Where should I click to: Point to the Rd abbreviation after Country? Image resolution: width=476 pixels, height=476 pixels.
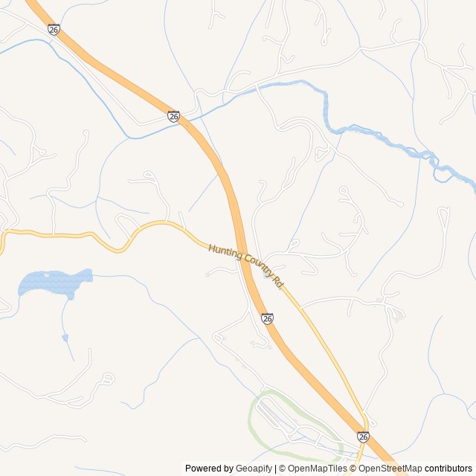coord(279,283)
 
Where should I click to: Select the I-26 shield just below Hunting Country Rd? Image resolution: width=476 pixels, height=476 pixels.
coord(268,318)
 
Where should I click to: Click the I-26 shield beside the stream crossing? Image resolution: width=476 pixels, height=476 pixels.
coord(173,117)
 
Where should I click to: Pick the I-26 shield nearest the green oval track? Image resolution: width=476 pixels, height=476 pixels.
coord(362,437)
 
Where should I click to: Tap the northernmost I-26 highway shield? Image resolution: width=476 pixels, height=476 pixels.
coord(53,29)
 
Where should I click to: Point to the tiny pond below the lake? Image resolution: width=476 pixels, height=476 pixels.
coord(65,338)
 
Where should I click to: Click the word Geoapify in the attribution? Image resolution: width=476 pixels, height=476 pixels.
coord(254,469)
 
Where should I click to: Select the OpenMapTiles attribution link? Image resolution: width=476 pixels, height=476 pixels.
coord(318,469)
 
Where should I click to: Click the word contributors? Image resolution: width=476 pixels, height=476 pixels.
coord(448,469)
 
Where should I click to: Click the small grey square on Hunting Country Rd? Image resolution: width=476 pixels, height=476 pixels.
coord(267,274)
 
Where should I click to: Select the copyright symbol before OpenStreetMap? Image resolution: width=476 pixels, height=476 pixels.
coord(353,469)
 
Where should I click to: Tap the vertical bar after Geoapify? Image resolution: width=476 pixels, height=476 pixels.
coord(276,469)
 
